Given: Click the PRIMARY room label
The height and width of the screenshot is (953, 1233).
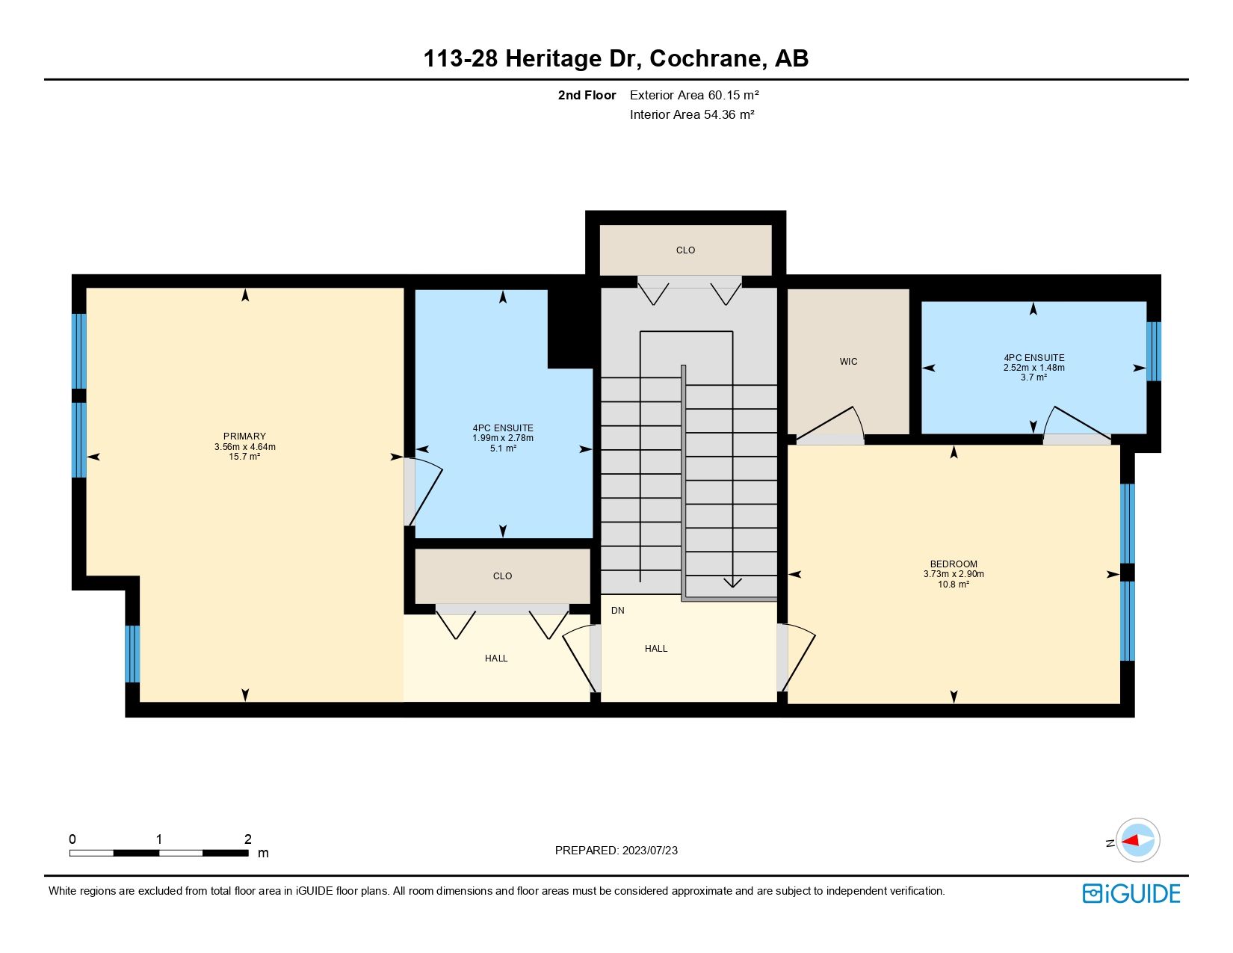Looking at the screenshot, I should coord(244,437).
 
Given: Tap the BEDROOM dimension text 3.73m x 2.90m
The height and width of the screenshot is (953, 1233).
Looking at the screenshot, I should coord(954,574).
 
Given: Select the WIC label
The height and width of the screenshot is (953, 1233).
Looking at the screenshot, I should coord(848,362).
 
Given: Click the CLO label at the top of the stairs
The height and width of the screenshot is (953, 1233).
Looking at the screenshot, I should coord(685,250).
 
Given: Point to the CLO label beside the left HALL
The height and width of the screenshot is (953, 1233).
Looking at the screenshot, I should coord(502,576).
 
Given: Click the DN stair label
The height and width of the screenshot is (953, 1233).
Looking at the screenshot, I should coord(617,611).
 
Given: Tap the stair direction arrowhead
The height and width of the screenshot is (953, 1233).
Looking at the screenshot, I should coord(732,582).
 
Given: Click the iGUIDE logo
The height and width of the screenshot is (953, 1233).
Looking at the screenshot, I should coord(1131,893).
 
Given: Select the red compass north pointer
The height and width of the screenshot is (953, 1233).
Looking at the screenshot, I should coord(1133,840).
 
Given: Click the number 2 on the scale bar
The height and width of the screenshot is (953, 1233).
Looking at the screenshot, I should coord(248,839).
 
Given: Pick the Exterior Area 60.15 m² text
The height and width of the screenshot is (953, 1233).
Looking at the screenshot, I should coord(694,95).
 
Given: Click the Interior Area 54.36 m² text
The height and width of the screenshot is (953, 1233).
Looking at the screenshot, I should coord(691,114).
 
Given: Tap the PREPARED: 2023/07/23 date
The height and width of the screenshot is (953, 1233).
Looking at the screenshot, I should coord(616,850).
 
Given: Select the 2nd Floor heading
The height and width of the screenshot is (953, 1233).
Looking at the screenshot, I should coord(587,95).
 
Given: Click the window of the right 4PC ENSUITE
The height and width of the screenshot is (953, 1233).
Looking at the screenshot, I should coord(1154,351).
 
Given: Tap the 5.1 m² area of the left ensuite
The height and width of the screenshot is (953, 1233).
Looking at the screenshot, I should coord(503,448).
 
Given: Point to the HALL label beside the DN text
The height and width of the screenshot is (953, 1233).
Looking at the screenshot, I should coord(656,649).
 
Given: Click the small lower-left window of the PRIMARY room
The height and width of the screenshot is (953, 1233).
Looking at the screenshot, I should coord(132,654).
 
